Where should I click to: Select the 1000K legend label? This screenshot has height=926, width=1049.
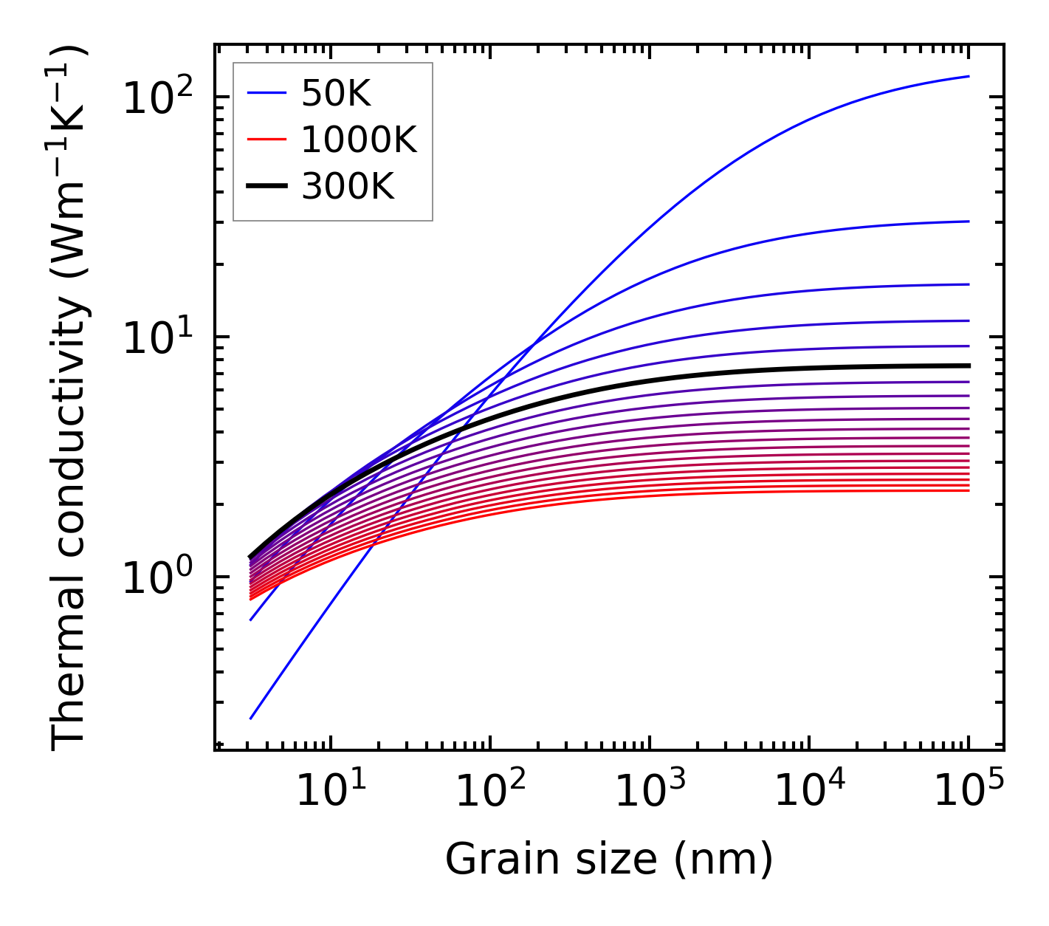359,140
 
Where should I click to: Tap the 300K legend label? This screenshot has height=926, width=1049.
348,187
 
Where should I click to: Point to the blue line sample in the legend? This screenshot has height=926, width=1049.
266,93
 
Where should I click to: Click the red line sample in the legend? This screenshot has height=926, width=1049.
266,140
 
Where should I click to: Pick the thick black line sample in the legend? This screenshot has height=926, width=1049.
266,187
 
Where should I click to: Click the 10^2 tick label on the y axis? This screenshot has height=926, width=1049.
157,96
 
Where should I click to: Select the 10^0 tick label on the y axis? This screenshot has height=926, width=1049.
157,577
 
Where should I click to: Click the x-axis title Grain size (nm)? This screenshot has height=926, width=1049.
609,859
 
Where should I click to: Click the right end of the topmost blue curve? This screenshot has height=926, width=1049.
968,76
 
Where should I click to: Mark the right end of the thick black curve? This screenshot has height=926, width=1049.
968,366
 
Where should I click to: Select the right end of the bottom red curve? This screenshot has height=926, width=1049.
968,490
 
